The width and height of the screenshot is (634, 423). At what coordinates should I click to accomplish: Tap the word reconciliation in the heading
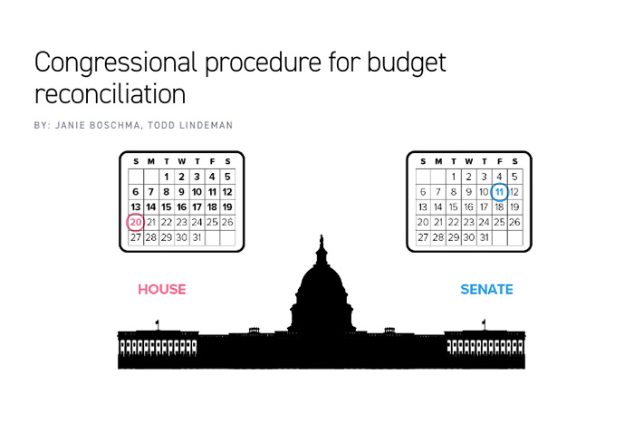(x=110, y=92)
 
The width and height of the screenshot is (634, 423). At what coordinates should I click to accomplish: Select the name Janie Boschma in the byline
(x=98, y=124)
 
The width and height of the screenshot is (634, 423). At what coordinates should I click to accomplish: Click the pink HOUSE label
(x=162, y=290)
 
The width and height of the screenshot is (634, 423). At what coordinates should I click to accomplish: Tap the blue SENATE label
(x=486, y=290)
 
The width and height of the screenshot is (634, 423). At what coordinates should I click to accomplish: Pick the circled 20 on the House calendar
(x=136, y=222)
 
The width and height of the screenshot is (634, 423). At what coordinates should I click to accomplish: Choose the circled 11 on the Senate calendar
(x=499, y=191)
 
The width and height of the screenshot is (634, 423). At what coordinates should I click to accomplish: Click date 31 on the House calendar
(x=197, y=237)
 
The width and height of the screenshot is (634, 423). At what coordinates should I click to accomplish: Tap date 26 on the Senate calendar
(x=514, y=222)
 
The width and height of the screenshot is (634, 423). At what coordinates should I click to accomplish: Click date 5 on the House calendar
(x=227, y=177)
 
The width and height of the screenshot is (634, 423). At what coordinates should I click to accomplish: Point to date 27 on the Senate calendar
(x=423, y=237)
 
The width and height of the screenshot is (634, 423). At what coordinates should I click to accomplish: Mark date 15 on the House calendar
(x=167, y=207)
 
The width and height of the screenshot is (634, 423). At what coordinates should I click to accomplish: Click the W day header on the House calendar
(x=181, y=161)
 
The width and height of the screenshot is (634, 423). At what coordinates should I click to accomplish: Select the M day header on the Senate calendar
(x=438, y=161)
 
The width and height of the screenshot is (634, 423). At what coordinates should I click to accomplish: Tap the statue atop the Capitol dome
(x=321, y=243)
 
